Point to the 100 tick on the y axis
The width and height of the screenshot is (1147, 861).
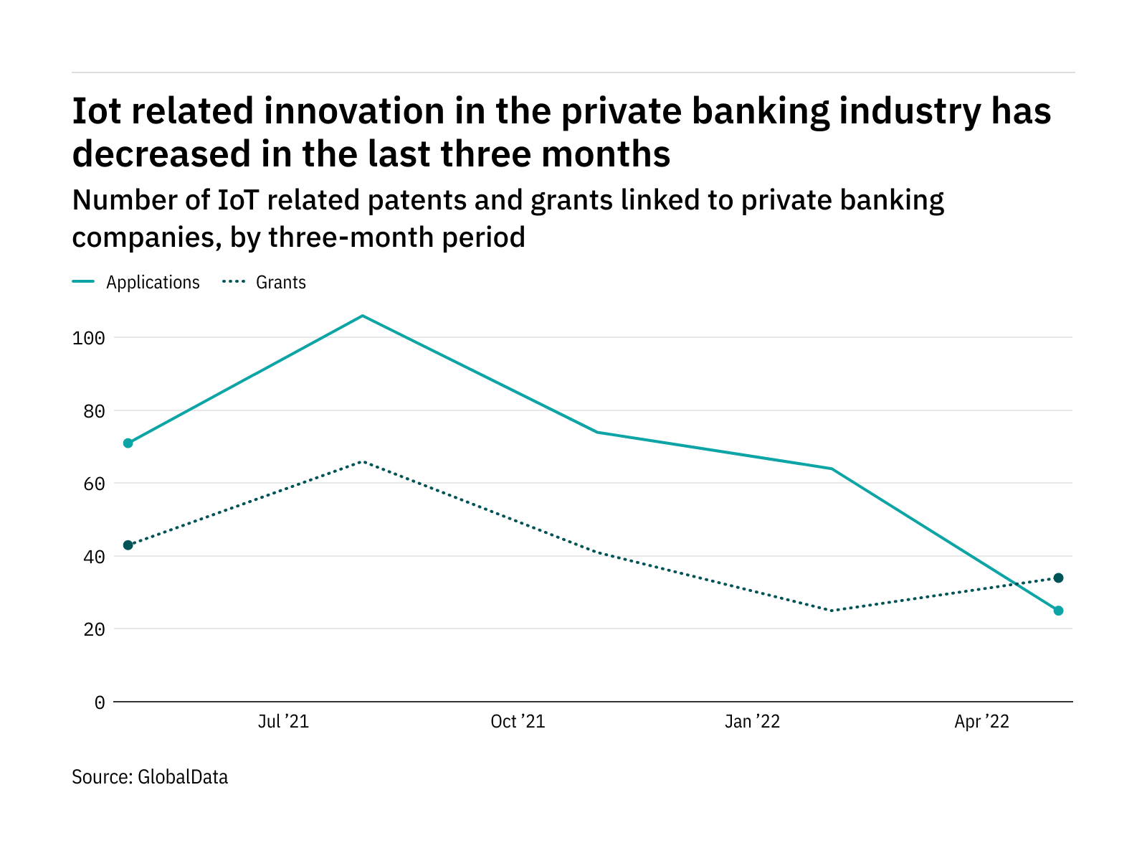pos(89,338)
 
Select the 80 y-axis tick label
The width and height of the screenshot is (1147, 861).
pos(94,411)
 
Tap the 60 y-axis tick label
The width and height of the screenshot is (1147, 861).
pos(94,484)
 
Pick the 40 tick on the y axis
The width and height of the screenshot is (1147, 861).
pos(94,557)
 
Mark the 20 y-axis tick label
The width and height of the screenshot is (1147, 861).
pos(94,629)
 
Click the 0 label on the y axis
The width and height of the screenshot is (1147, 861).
pos(100,702)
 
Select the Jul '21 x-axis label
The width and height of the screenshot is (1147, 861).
pos(283,722)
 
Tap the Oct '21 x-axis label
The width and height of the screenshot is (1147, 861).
pos(518,722)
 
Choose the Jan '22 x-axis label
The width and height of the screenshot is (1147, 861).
pos(752,722)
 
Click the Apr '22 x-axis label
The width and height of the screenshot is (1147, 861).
pos(981,722)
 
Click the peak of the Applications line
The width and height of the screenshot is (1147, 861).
pos(363,316)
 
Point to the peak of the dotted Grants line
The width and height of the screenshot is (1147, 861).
pos(363,461)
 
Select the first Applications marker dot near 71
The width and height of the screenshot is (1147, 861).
pos(128,443)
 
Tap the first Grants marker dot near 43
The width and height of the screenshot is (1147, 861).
pos(128,545)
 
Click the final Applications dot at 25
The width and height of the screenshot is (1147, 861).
pos(1058,611)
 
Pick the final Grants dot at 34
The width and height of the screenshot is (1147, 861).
pos(1058,578)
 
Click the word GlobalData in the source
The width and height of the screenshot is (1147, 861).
pos(183,777)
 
